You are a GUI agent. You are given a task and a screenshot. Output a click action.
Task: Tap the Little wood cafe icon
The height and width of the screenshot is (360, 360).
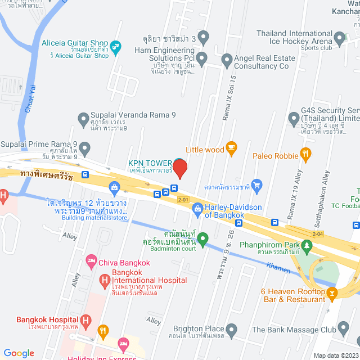(231, 148)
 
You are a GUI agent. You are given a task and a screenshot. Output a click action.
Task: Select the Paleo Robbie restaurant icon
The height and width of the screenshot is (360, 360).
(305, 152)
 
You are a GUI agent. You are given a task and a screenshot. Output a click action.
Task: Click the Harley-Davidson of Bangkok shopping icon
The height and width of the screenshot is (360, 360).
(197, 209)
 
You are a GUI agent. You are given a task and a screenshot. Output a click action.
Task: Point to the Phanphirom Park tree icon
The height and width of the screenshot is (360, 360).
(307, 245)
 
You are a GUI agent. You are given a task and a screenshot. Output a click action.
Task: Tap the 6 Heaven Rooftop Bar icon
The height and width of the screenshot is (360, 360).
(331, 292)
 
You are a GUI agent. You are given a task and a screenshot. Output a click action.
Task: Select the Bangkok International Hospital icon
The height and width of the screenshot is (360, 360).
(104, 280)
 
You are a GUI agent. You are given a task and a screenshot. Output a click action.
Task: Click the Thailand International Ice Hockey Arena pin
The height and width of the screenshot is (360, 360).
(339, 39)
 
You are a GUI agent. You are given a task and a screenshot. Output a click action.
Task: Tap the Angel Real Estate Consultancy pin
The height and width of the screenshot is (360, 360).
(227, 58)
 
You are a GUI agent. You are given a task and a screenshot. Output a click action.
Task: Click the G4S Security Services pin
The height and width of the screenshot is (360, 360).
(294, 119)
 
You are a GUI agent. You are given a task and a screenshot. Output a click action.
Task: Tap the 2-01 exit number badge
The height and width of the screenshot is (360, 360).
(183, 200)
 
